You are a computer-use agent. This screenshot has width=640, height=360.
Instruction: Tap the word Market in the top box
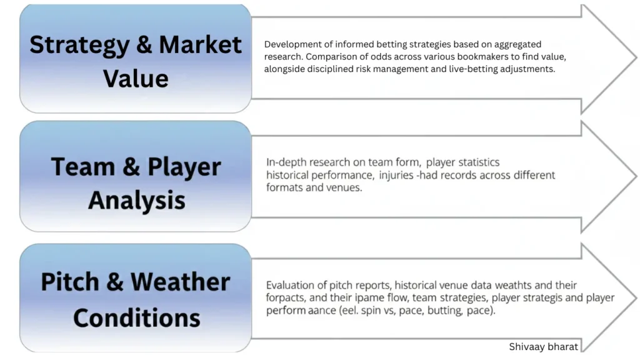pos(201,45)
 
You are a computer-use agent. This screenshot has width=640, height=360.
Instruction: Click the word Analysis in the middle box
pos(136,200)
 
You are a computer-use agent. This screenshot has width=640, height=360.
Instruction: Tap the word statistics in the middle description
pos(477,162)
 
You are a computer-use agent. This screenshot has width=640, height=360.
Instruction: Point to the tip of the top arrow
pos(635,57)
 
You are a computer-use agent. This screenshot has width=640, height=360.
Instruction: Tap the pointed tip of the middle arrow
pos(635,176)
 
